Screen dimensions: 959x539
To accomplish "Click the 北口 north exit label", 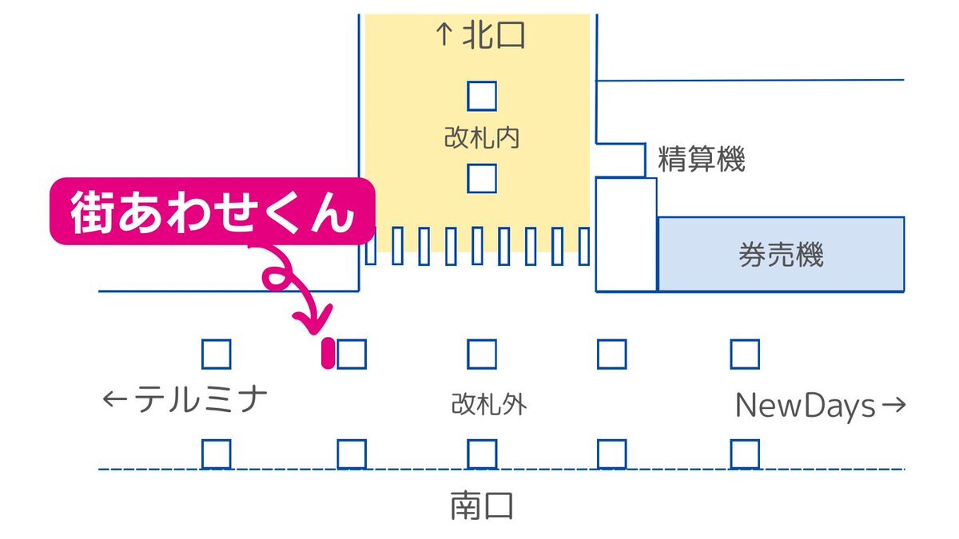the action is pos(494,35).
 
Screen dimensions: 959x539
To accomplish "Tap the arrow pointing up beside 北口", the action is pos(444,34).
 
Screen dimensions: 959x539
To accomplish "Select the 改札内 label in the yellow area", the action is pos(482,137).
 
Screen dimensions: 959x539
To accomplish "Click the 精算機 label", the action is pos(702,159).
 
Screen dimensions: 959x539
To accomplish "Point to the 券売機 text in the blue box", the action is pos(781,255).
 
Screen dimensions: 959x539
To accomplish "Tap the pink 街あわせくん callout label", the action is pos(213,212).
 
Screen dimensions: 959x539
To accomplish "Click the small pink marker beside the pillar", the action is pos(328,353).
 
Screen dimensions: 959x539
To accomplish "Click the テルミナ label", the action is pos(201,399).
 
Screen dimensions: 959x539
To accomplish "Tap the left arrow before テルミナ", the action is pos(115,399).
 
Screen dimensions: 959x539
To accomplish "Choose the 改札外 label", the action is pos(489,404).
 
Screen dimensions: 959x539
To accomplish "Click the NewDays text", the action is pos(805,406).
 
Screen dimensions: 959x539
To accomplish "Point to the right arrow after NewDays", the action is pos(894,404).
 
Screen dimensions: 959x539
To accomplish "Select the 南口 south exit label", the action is pos(482,505).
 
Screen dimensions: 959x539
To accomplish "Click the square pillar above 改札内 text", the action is pos(482,97).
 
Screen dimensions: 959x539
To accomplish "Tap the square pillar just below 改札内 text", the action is pos(482,178).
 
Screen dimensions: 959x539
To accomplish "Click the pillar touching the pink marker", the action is pos(352,355).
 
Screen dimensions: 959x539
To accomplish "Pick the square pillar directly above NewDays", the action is pos(745,355).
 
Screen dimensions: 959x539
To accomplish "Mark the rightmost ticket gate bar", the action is pos(583,247).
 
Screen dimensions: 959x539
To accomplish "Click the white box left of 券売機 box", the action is pos(626,235).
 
